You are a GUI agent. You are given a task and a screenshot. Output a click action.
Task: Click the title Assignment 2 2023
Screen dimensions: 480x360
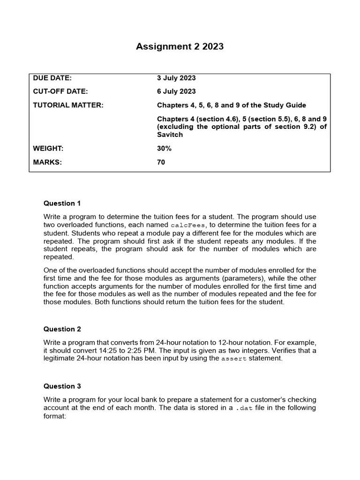click(x=180, y=46)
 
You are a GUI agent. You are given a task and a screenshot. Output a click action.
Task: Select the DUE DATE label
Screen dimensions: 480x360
click(x=52, y=78)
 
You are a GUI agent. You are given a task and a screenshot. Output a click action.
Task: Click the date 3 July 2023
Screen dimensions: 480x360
click(x=176, y=78)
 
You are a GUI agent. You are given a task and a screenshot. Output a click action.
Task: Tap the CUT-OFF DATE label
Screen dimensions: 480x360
click(x=60, y=91)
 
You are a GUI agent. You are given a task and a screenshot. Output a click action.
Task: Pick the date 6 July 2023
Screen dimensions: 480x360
click(x=176, y=91)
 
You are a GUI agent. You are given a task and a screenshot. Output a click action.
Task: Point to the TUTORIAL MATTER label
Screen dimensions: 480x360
click(x=68, y=105)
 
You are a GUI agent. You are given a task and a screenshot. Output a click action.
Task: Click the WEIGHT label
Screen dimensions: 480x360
click(x=48, y=149)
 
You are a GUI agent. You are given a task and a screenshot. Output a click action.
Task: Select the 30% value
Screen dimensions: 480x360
click(x=164, y=149)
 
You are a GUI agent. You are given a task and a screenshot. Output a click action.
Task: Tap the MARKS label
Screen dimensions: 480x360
click(x=47, y=162)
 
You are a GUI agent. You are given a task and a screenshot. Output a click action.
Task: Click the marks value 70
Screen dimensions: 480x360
click(x=161, y=162)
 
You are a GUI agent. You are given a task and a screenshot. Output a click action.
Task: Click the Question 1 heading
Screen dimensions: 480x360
click(x=62, y=203)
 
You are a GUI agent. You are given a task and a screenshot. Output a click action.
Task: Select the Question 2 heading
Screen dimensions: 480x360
click(x=62, y=329)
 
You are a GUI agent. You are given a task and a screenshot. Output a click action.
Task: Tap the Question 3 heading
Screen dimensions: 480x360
click(x=62, y=386)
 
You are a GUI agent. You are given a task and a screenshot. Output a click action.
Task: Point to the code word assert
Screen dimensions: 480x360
click(x=233, y=359)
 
